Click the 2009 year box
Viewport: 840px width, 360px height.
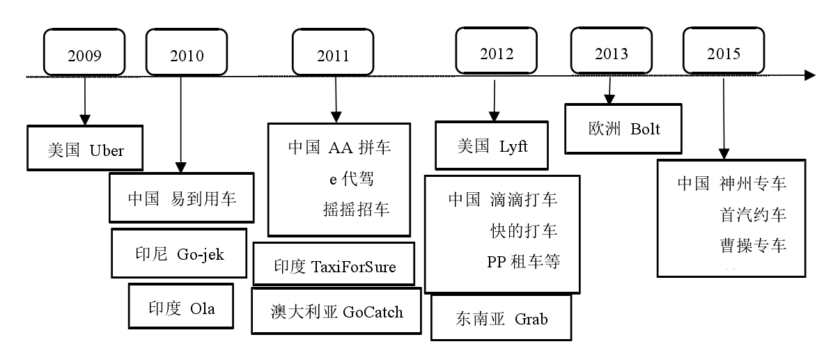pyautogui.click(x=84, y=53)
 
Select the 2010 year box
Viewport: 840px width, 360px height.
pyautogui.click(x=180, y=53)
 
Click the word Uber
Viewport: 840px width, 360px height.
pyautogui.click(x=106, y=150)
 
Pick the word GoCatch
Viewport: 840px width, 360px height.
pyautogui.click(x=373, y=311)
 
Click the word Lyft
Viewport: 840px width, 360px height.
pyautogui.click(x=513, y=147)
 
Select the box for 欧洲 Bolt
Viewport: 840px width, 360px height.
pyautogui.click(x=623, y=129)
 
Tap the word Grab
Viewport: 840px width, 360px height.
pyautogui.click(x=531, y=319)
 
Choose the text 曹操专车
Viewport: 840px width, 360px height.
pyautogui.click(x=753, y=245)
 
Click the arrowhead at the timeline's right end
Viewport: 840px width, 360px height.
pyautogui.click(x=809, y=75)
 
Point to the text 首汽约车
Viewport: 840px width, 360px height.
pyautogui.click(x=753, y=214)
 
